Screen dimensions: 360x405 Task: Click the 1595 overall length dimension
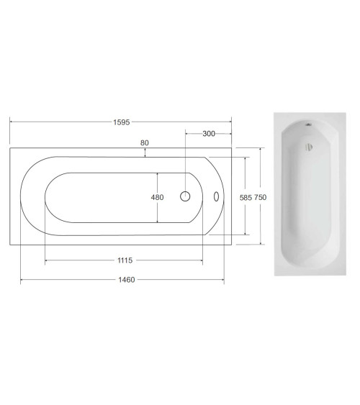tap(122, 122)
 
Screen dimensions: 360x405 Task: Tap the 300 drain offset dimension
tap(209, 134)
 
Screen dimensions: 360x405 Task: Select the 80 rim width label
tap(145, 143)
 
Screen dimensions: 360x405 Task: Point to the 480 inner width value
tap(158, 197)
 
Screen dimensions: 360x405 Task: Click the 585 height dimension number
tap(246, 198)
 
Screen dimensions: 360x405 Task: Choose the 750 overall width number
tap(260, 197)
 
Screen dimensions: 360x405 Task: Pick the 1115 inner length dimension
tap(125, 260)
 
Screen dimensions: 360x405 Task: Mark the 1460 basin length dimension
tap(127, 280)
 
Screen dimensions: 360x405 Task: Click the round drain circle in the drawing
tap(185, 196)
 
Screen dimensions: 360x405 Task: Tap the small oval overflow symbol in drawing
tap(216, 196)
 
